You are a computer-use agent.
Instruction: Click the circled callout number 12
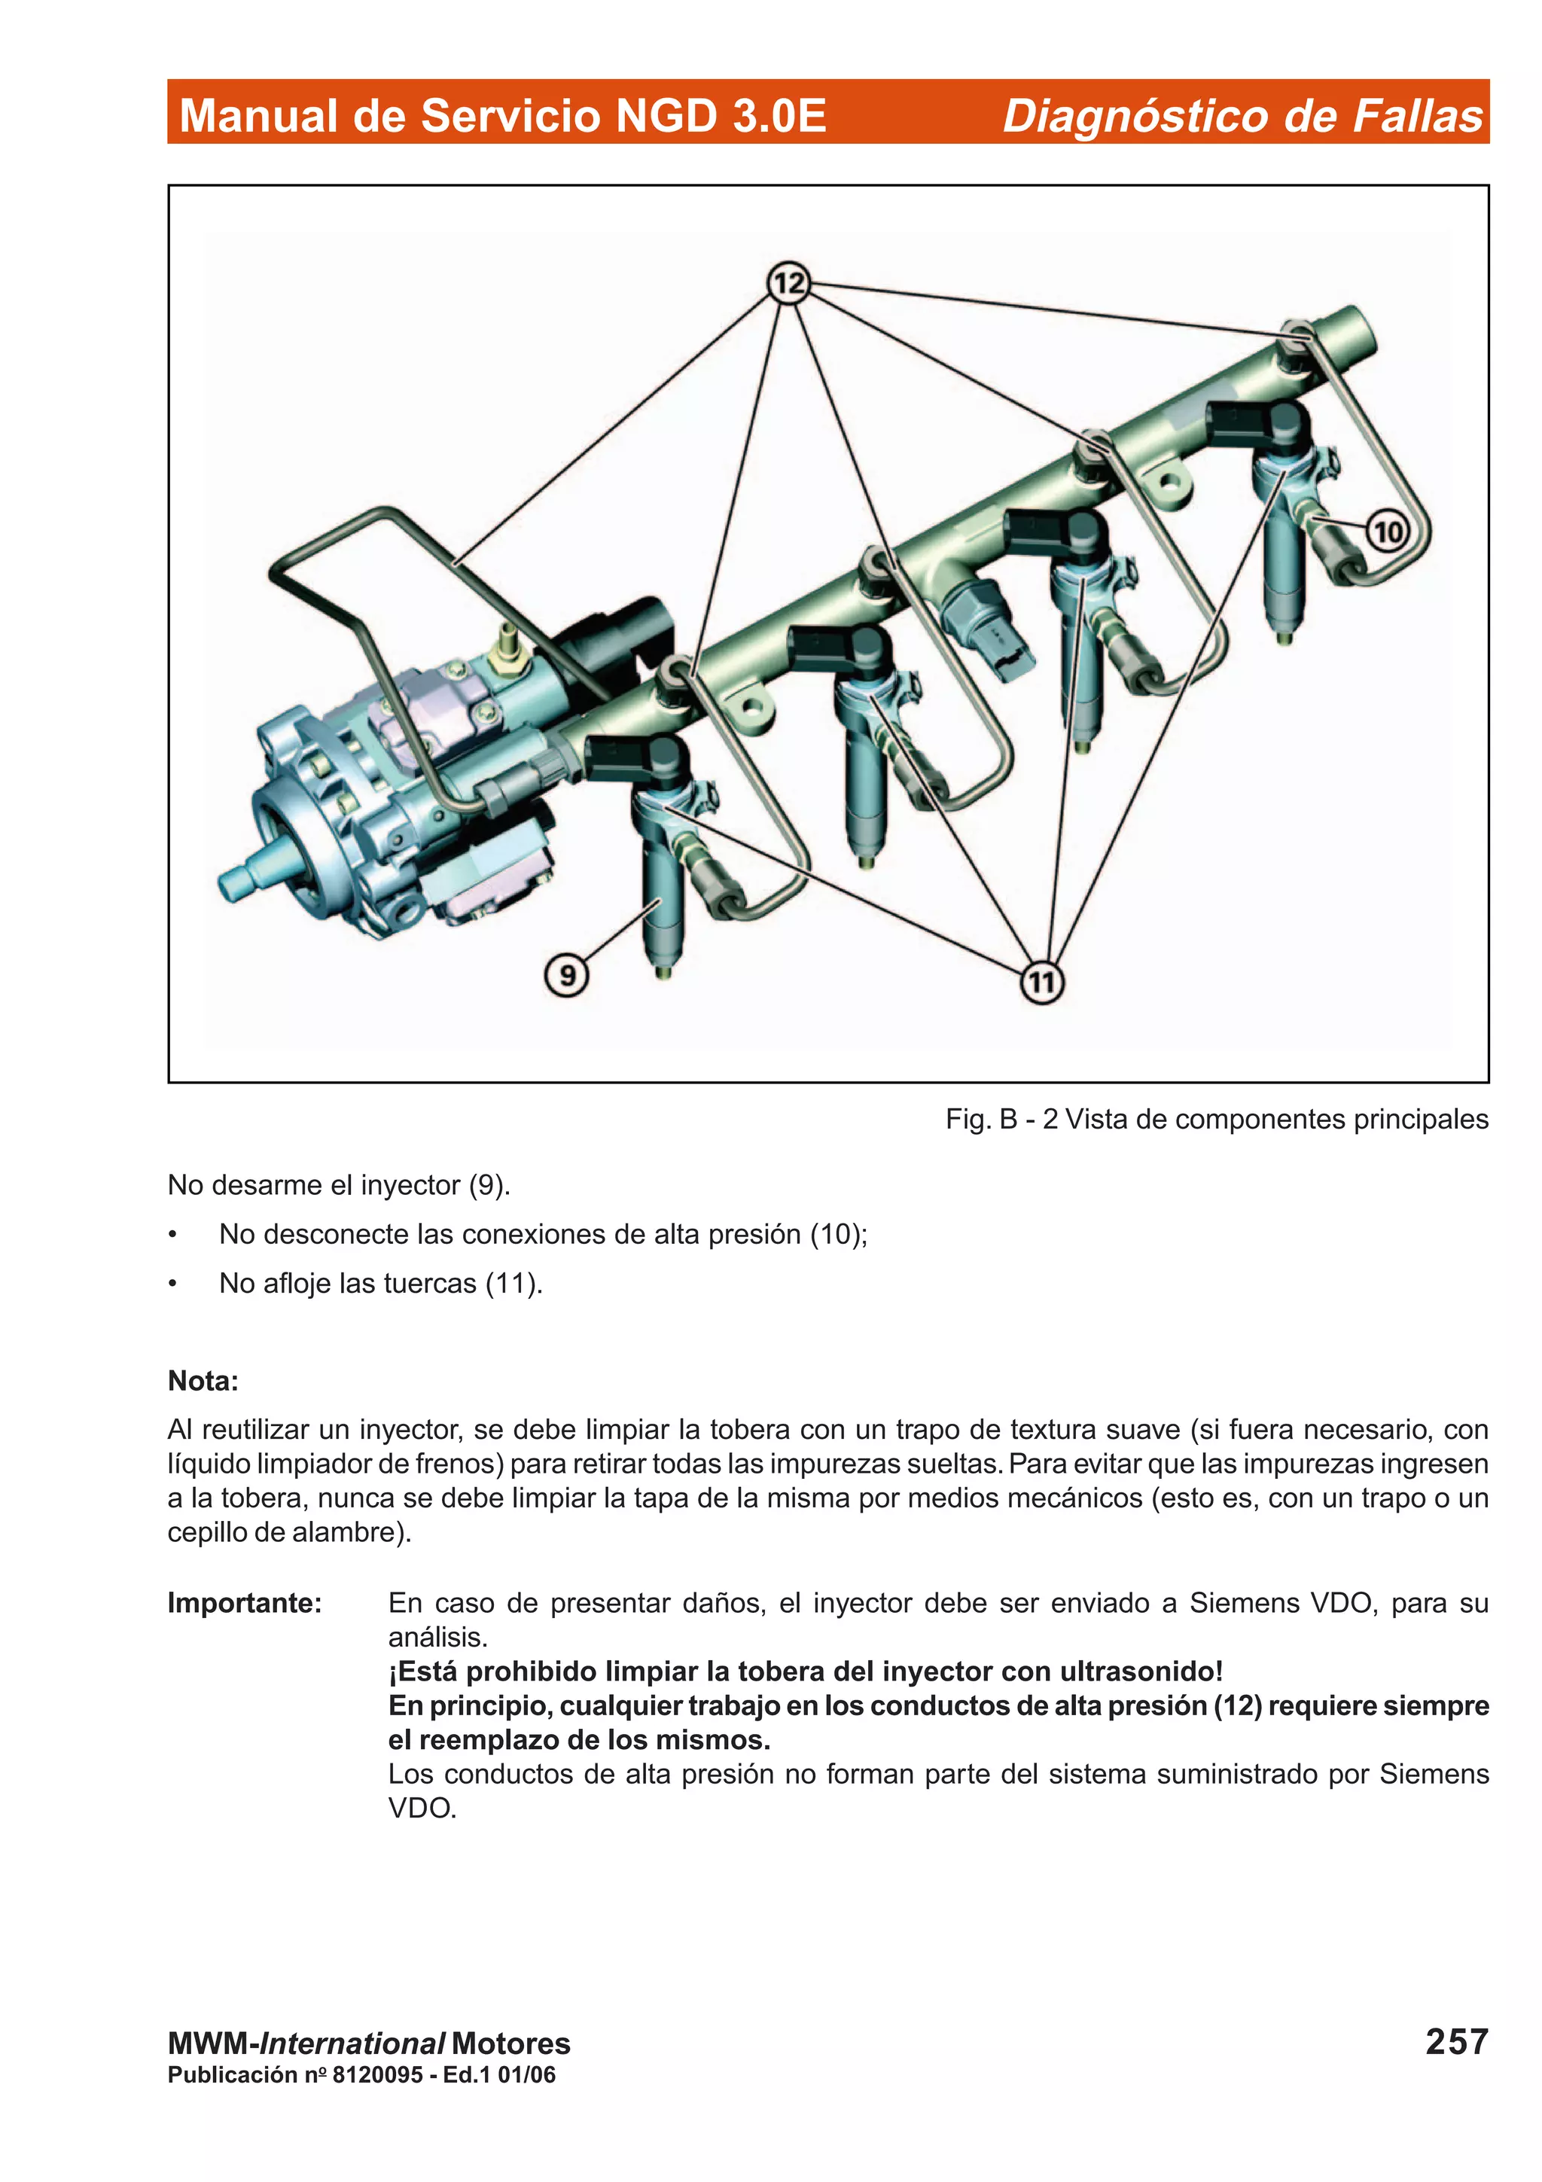(788, 282)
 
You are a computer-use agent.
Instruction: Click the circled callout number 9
(566, 975)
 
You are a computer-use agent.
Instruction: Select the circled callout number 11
(1041, 982)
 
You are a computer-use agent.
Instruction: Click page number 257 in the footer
(1455, 2041)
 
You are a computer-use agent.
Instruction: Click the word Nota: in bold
(203, 1381)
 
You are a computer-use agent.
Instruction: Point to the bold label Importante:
(244, 1603)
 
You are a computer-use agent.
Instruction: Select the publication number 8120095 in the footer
(377, 2074)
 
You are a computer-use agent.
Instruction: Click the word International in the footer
(352, 2043)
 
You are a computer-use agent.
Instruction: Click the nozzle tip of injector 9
(664, 971)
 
